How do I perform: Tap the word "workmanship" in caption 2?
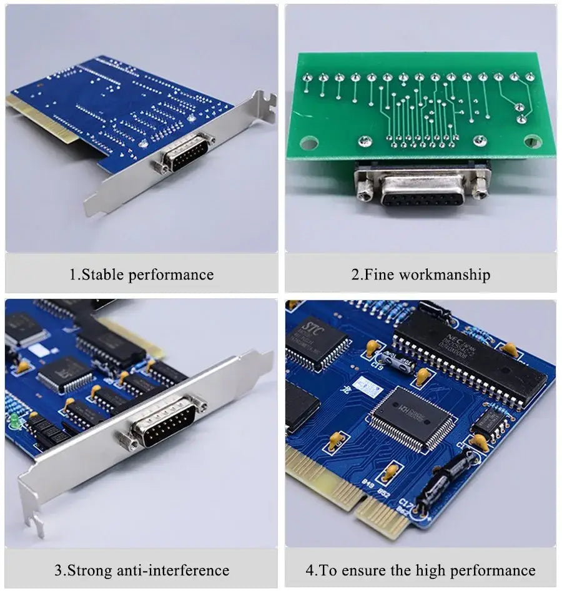click(444, 275)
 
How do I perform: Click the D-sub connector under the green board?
click(422, 188)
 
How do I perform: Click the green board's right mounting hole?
click(533, 141)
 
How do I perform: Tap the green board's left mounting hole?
click(308, 143)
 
